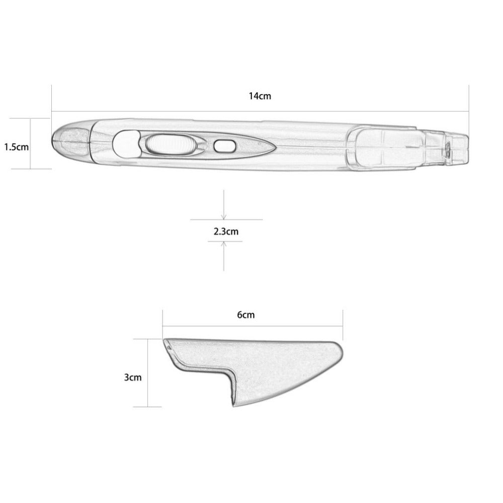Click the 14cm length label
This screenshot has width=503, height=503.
260,96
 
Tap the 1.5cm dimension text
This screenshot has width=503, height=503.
17,147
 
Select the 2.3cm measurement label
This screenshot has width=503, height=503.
226,231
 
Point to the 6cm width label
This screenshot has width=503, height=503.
245,315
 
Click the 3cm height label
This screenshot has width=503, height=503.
132,377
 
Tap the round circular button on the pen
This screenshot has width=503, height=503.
125,143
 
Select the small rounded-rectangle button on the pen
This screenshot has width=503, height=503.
224,146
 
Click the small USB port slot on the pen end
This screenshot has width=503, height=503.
447,148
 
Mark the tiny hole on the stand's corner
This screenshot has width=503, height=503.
169,347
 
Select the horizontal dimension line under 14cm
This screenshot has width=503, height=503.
260,111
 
